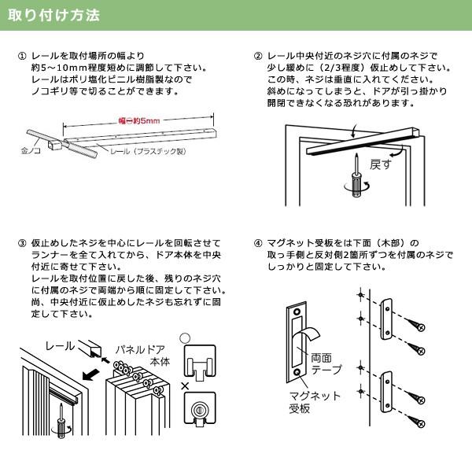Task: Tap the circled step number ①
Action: [x=21, y=57]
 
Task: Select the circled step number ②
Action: [x=258, y=57]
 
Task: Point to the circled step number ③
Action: [x=21, y=243]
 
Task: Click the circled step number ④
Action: [x=258, y=243]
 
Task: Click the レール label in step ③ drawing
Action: [x=60, y=345]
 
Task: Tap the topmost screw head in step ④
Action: [x=422, y=326]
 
